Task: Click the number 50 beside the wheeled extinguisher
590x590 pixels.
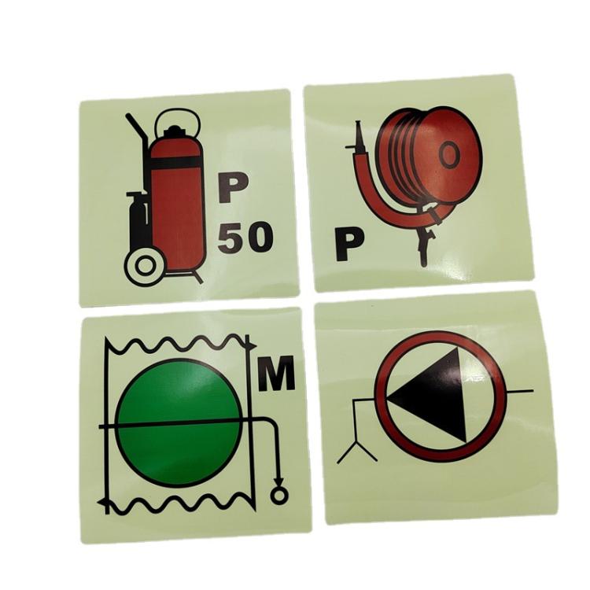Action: [245, 237]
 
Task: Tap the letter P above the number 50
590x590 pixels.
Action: [234, 187]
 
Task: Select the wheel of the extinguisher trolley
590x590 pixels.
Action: [145, 266]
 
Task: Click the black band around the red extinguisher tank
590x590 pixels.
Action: [175, 162]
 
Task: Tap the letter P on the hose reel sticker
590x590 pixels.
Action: [349, 245]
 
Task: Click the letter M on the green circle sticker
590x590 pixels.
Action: [276, 373]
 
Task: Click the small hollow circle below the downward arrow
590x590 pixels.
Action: [278, 495]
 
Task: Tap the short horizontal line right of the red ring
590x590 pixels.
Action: [520, 391]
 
